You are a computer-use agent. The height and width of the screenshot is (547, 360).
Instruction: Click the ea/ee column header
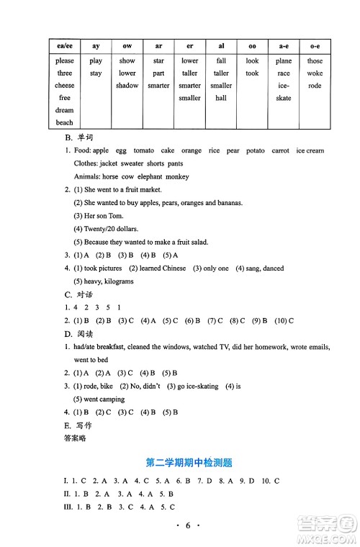pos(65,45)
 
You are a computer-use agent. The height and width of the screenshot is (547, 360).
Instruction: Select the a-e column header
pos(284,45)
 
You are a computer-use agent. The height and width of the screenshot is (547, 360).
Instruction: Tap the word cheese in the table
pos(65,86)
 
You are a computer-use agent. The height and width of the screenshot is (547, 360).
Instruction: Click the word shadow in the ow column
pos(127,86)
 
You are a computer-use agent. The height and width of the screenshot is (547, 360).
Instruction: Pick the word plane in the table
pos(284,61)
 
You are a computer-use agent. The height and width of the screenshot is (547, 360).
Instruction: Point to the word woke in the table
pos(315,73)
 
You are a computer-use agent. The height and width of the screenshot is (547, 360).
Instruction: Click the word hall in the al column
pos(221,98)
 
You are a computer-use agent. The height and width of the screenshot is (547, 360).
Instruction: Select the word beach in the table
pos(65,122)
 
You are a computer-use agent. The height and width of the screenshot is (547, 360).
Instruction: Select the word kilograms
pos(118,281)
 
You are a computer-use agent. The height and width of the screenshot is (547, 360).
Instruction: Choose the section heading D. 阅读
pos(79,334)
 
